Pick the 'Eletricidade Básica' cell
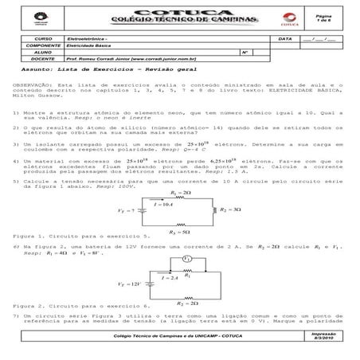point(88,45)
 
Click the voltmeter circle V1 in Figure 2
point(186,260)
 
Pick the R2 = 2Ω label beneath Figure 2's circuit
point(185,303)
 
